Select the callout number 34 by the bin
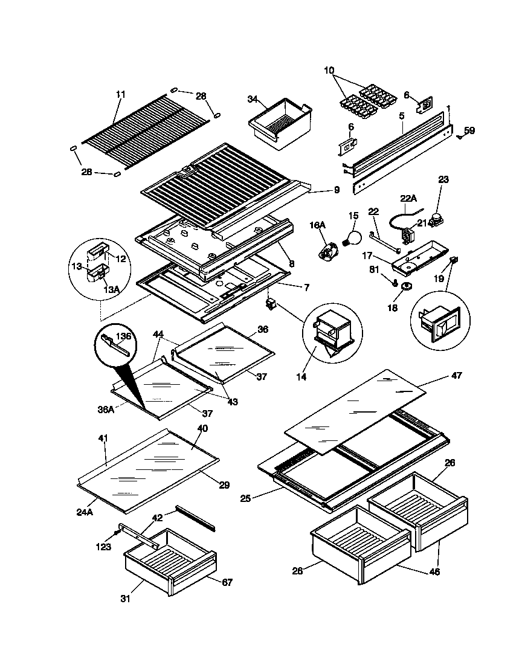(253, 100)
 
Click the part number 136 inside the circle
(123, 336)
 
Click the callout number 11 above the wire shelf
(120, 94)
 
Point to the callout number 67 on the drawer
(227, 582)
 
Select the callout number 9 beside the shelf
(337, 190)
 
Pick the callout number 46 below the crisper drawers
(434, 571)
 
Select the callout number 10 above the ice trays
(329, 71)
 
